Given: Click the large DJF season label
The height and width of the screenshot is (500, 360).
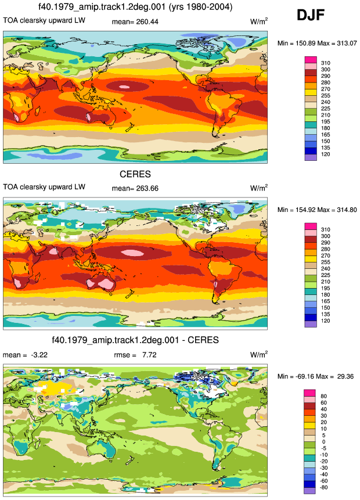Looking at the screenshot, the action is pos(311,15).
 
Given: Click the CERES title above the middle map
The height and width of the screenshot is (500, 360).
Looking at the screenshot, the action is pos(135,174).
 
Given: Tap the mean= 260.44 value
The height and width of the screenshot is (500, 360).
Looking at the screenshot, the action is pos(135,22).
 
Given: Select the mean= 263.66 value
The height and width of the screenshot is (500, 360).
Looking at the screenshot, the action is pos(135,189).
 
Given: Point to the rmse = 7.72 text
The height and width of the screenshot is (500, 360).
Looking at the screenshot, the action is pos(135,355).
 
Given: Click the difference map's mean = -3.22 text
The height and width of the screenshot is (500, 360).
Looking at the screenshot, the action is pos(25,355).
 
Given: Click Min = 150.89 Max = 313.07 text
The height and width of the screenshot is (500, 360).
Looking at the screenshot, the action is pos(317,43).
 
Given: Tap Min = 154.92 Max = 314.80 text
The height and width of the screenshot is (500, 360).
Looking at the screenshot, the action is pos(317,210).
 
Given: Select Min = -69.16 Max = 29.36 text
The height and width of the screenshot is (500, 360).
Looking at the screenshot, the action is pos(315,376).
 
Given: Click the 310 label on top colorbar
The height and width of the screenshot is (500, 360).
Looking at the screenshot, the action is pos(326,63).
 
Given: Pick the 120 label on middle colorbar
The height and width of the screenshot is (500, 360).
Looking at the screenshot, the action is pos(326,321).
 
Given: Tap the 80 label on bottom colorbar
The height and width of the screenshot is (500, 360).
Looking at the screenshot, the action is pos(323,396).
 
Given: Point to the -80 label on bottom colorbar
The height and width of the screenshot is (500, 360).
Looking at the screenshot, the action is pos(323,487).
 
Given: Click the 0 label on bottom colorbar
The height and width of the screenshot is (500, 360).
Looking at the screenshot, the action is pos(323,442).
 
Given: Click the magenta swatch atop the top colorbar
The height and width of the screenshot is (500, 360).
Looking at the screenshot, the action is pos(311,60).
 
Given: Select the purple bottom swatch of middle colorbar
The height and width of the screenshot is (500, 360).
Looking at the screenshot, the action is pos(311,324).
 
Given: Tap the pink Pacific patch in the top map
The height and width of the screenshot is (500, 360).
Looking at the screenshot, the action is pos(124,87).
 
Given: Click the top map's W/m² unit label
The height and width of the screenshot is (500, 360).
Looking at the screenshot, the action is pos(259,21).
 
